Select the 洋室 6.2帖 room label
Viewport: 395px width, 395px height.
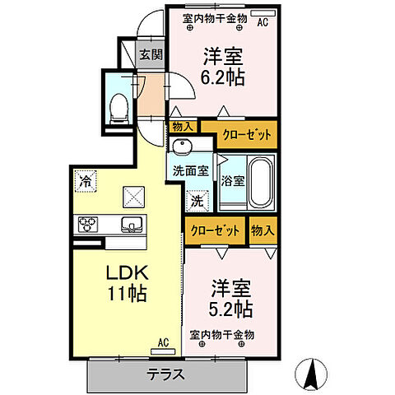pyautogui.click(x=224, y=67)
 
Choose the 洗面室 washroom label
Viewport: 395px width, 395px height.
pyautogui.click(x=190, y=172)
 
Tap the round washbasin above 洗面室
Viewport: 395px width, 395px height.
pyautogui.click(x=184, y=146)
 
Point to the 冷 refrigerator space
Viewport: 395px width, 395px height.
pyautogui.click(x=85, y=179)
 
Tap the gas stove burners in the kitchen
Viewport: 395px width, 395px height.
pyautogui.click(x=89, y=224)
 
